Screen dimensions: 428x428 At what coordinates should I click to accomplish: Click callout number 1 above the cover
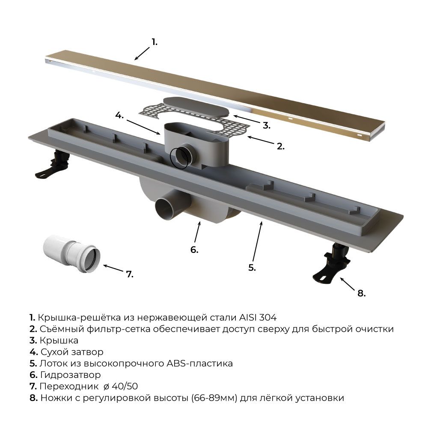pyautogui.click(x=155, y=42)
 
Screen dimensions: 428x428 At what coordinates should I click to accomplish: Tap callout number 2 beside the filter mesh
pyautogui.click(x=281, y=146)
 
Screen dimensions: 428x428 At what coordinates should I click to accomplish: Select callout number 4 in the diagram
pyautogui.click(x=119, y=115)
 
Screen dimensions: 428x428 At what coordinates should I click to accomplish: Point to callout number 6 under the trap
pyautogui.click(x=194, y=250)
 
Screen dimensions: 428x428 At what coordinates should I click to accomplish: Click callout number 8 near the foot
pyautogui.click(x=361, y=293)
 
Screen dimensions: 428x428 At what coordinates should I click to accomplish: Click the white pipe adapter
pyautogui.click(x=71, y=254)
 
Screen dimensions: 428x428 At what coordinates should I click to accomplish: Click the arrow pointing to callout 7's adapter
pyautogui.click(x=113, y=268)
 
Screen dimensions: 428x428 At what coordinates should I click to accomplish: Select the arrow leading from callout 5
pyautogui.click(x=257, y=242)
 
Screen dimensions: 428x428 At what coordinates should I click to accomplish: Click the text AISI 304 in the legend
pyautogui.click(x=258, y=318)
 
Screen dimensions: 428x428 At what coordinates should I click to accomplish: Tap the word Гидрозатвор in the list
pyautogui.click(x=71, y=375)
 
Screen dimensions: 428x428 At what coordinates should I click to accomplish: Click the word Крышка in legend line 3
pyautogui.click(x=59, y=340)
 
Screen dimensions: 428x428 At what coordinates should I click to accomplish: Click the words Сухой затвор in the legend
pyautogui.click(x=72, y=352)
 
